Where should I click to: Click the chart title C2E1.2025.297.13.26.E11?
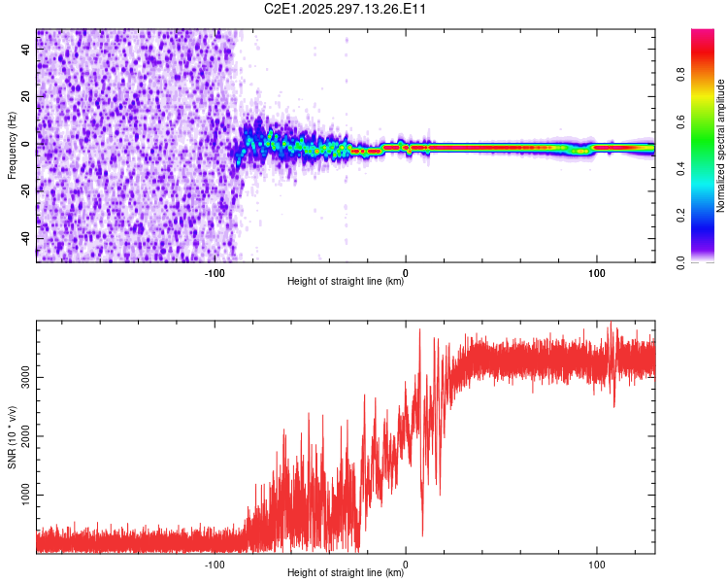[x=346, y=9]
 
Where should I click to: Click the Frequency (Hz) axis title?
[x=12, y=146]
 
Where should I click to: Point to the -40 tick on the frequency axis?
[x=26, y=238]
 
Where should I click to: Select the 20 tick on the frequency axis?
[x=26, y=96]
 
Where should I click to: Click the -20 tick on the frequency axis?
[x=26, y=190]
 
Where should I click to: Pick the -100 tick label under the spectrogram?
[x=215, y=272]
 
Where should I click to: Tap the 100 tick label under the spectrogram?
[x=596, y=272]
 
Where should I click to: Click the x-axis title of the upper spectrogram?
[x=346, y=282]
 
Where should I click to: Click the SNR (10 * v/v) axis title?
[x=12, y=437]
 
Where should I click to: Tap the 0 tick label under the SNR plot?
[x=406, y=564]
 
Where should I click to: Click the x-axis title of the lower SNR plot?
[x=346, y=573]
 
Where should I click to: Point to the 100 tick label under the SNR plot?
[x=596, y=564]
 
